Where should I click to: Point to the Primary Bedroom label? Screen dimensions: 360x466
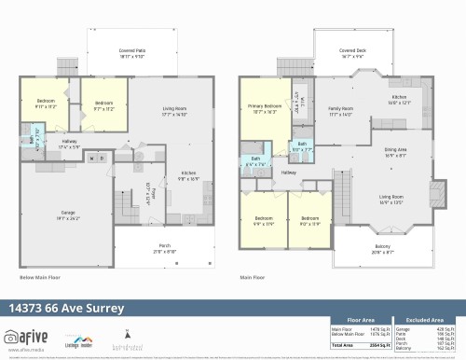click(x=265, y=109)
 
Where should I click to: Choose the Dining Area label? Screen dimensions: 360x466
click(x=395, y=154)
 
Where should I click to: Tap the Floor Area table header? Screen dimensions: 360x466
click(x=361, y=319)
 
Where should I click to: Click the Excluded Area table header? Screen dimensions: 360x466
click(x=426, y=319)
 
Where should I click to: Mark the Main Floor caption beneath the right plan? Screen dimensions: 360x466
click(x=253, y=277)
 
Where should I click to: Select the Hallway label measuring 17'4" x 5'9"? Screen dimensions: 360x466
click(x=68, y=144)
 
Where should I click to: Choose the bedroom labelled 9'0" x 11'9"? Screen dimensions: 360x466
click(x=308, y=222)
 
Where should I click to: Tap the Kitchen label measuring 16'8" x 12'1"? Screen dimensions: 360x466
click(x=399, y=100)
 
